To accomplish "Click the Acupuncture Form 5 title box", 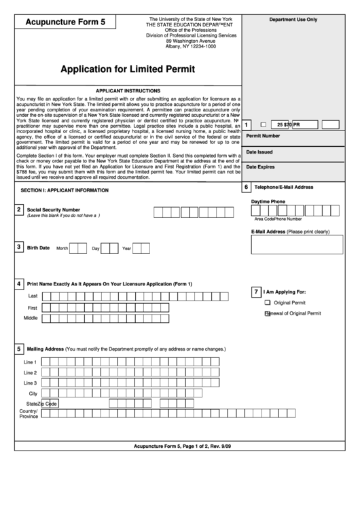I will pos(65,22).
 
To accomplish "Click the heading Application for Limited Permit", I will pos(128,69).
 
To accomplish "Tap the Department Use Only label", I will pos(293,20).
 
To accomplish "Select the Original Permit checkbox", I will pos(267,302).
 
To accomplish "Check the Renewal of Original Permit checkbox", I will pos(267,313).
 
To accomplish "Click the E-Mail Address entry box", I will pos(295,245).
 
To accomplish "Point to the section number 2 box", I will pos(19,211).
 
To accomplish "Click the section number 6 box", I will pos(246,187).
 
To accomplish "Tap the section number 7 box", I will pos(255,291).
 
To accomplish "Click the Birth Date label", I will pos(38,248).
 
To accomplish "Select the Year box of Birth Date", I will pos(141,248).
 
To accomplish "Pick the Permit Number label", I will pos(263,136).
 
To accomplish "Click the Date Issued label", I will pos(259,152).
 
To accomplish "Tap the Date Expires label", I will pos(260,167).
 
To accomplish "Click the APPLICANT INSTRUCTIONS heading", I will pos(128,90).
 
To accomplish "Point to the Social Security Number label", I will pos(53,210).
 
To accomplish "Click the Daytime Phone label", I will pos(268,202).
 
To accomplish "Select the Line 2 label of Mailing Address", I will pos(30,372).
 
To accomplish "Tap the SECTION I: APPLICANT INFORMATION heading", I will pos(65,190).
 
